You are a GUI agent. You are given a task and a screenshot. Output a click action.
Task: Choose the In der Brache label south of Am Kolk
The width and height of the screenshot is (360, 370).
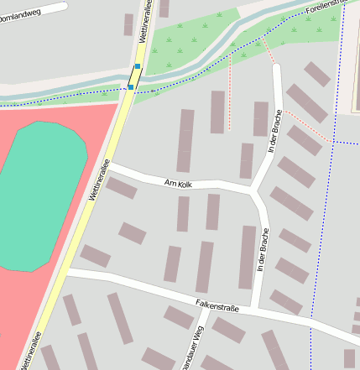pyautogui.click(x=263, y=249)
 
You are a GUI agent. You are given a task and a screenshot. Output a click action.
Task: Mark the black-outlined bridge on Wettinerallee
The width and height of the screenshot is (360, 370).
pyautogui.click(x=134, y=76)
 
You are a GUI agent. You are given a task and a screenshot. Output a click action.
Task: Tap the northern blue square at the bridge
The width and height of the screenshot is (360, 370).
pyautogui.click(x=138, y=65)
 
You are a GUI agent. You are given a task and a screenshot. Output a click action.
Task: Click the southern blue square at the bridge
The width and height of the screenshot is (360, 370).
pyautogui.click(x=131, y=86)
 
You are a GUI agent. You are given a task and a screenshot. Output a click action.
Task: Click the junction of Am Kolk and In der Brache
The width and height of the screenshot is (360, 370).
pyautogui.click(x=253, y=192)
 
